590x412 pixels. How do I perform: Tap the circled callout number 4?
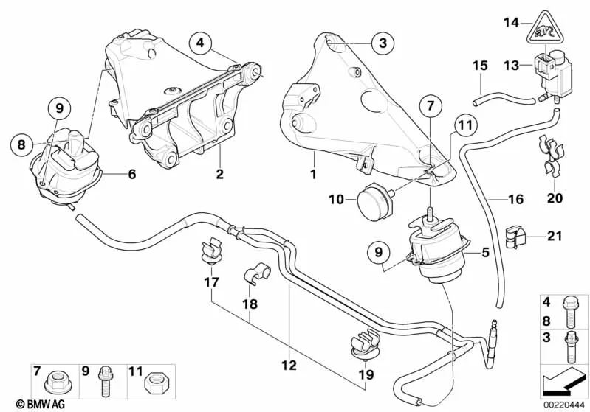201,43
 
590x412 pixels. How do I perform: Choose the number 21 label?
555,236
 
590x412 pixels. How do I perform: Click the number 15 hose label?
479,66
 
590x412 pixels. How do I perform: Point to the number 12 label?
289,364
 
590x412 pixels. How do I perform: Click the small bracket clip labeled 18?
255,277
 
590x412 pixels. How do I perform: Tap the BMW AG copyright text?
26,404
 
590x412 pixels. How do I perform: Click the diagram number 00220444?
565,404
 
